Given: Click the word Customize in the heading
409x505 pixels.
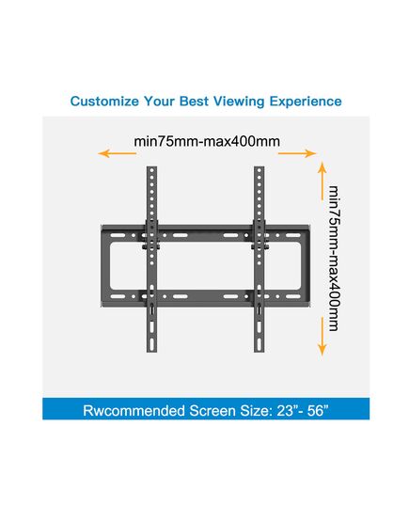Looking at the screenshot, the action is tap(104, 102).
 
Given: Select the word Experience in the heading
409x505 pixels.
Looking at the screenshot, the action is tap(306, 102).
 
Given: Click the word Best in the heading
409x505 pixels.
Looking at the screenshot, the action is tap(194, 102).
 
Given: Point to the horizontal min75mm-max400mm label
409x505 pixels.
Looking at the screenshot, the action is tap(207, 141).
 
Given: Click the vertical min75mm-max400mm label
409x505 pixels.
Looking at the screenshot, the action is tap(334, 258).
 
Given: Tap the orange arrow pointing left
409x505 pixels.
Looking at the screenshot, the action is tap(118, 153).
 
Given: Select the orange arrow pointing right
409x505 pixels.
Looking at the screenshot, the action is tap(297, 153).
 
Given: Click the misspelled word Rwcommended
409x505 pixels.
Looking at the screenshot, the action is tap(134, 411).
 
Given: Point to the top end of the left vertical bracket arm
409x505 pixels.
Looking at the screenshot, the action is tap(151, 166).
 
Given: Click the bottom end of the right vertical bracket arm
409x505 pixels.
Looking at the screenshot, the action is tap(260, 352).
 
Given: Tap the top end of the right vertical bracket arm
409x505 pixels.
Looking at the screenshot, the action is tap(260, 166).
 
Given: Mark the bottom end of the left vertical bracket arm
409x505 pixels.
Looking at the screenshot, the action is tap(151, 352).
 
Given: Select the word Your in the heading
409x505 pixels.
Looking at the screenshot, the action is tap(160, 102).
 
